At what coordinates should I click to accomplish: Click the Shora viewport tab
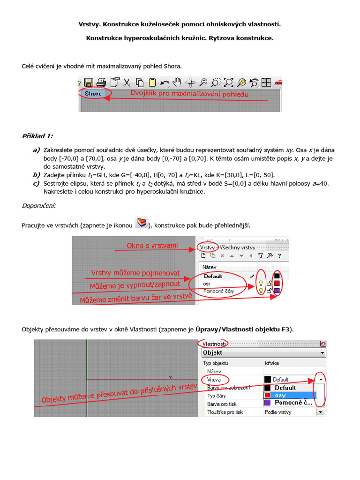[x=93, y=94]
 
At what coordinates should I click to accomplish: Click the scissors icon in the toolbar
[x=127, y=83]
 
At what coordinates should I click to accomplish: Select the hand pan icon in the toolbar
[x=177, y=83]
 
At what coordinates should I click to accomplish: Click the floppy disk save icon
[x=89, y=83]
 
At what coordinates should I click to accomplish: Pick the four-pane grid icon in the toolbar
[x=266, y=83]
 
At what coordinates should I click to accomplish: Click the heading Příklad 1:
[x=37, y=136]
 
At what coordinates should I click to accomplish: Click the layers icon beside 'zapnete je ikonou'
[x=142, y=223]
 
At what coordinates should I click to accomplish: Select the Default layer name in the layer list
[x=213, y=276]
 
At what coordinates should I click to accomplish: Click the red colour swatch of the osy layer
[x=277, y=284]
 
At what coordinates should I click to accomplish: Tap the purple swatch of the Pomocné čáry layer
[x=277, y=291]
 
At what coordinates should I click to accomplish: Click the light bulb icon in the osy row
[x=261, y=284]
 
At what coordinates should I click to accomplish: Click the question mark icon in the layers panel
[x=279, y=256]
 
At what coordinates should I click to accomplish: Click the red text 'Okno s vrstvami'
[x=152, y=246]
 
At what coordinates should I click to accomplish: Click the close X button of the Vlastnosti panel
[x=322, y=344]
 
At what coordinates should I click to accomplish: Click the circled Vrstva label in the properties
[x=215, y=379]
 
